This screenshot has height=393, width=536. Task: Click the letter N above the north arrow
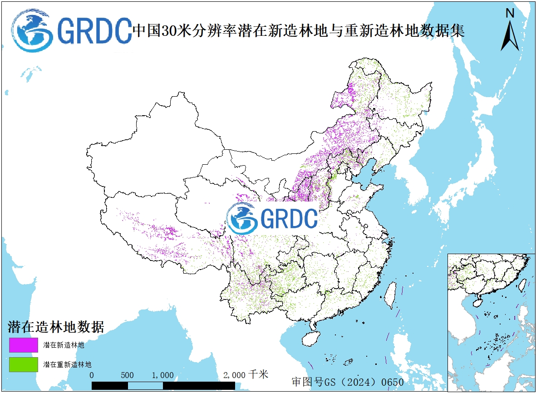point(510,14)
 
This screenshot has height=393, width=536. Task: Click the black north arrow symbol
point(510,37)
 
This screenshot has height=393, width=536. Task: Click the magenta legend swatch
point(23,345)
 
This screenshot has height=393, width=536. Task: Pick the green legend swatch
point(23,364)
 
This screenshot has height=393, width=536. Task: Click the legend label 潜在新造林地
point(64,345)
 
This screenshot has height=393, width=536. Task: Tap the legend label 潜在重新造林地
point(67,364)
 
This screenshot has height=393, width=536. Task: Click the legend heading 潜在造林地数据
point(56,327)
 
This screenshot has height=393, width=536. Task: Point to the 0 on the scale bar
point(92,375)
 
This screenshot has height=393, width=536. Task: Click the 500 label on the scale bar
point(128,375)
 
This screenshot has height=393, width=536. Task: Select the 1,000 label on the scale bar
point(162,375)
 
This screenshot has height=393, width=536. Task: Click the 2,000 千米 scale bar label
point(246,375)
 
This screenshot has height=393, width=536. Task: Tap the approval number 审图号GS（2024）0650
point(347,382)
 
